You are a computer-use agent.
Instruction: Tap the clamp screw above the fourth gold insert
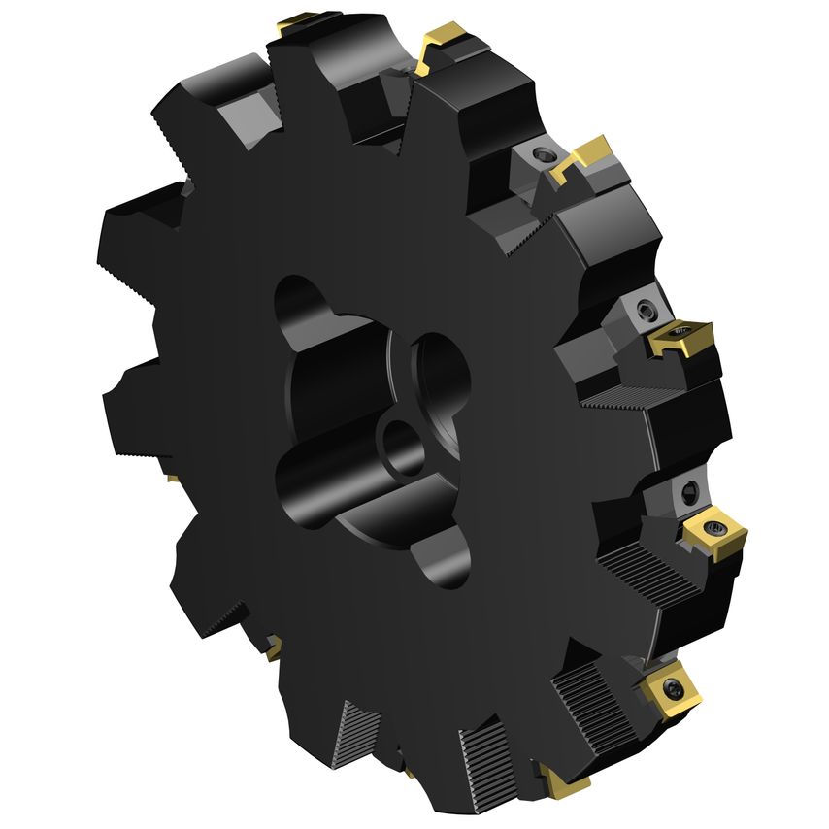tap(646, 310)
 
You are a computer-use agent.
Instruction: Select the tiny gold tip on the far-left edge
tap(171, 478)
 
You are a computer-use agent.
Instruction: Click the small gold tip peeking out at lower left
tap(275, 644)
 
